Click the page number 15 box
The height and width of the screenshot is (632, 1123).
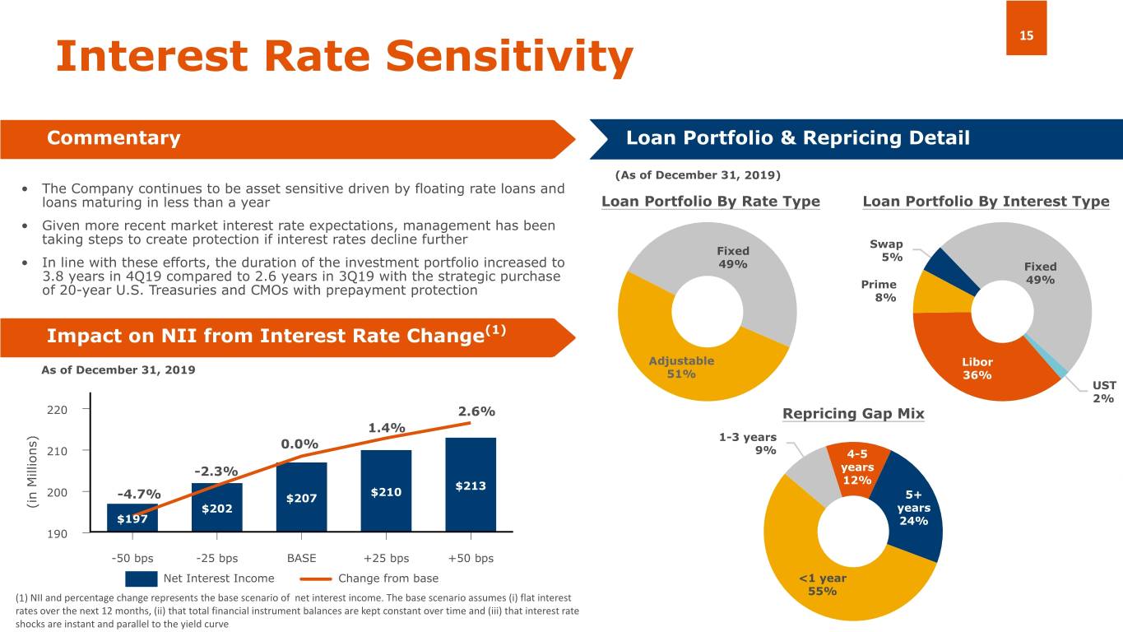1026,28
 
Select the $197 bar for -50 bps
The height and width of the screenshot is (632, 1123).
132,518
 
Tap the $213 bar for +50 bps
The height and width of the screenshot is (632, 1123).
471,485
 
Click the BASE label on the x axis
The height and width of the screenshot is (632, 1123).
301,558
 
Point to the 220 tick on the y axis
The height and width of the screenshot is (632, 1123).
57,410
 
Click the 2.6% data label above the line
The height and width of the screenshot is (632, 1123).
476,411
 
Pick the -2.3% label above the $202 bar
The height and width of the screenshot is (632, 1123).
216,471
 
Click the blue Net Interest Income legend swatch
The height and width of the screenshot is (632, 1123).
141,579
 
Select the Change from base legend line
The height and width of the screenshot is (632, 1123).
316,579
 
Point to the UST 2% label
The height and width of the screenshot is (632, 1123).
1104,392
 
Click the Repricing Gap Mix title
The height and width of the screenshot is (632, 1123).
853,413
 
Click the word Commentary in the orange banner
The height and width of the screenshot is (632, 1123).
114,137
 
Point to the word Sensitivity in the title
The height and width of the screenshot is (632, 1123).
509,56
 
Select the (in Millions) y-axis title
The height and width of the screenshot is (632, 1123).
32,472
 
